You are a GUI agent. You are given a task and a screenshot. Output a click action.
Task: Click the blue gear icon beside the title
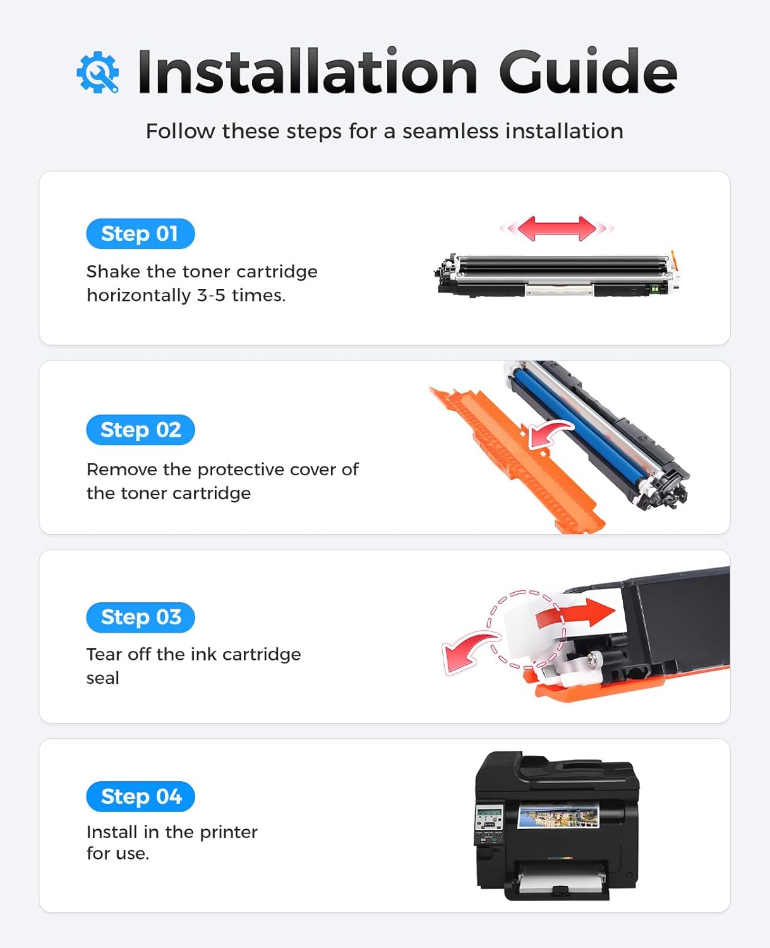pos(98,72)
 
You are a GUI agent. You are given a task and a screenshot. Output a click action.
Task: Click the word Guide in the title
pos(587,71)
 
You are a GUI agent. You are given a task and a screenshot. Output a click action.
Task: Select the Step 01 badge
pos(140,234)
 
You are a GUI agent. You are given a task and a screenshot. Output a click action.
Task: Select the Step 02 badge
pos(140,430)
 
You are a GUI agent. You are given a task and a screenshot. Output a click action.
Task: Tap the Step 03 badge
pos(140,617)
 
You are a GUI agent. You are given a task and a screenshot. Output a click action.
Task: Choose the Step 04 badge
pos(140,796)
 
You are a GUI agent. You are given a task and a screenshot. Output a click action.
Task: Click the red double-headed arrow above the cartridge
pos(556,228)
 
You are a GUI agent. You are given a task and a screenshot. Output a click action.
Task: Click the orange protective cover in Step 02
pos(505,455)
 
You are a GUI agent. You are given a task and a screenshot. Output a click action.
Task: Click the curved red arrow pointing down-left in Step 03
pos(467,652)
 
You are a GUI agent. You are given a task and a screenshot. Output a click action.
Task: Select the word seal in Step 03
pos(102,678)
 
